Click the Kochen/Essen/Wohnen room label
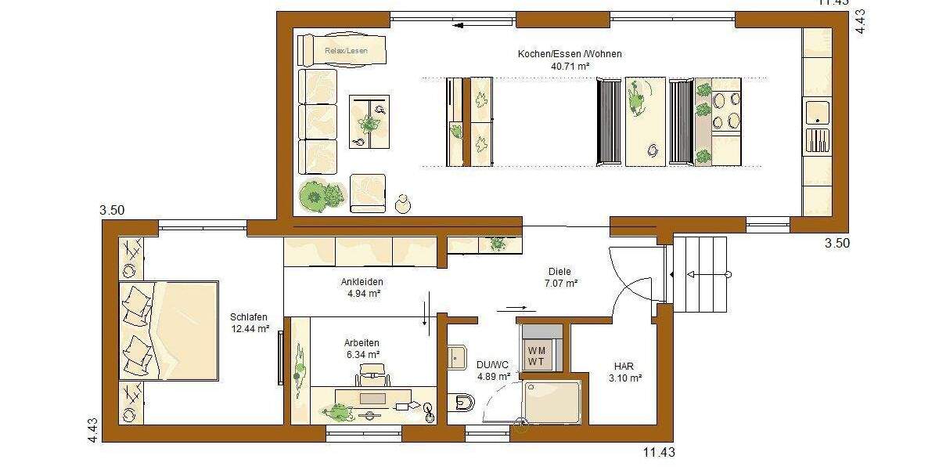[570, 54]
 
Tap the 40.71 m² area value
[570, 67]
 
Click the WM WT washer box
[537, 356]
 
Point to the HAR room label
[624, 366]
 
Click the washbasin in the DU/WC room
[456, 357]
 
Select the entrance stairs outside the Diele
[701, 274]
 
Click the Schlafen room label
[250, 316]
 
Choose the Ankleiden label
[362, 282]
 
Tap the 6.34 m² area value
[362, 355]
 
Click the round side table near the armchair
[404, 204]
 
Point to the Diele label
[559, 272]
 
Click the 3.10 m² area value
[624, 378]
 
